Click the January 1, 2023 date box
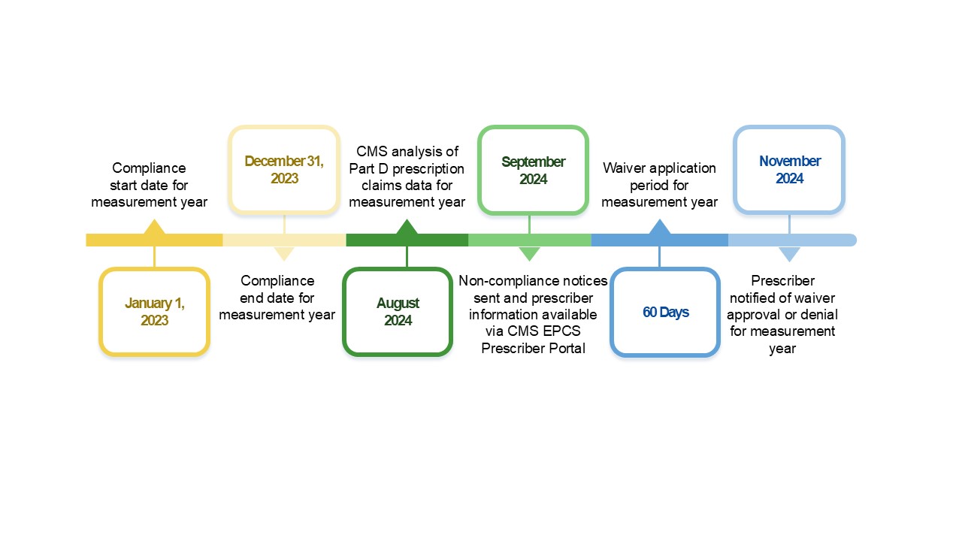pos(154,311)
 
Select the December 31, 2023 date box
pos(284,170)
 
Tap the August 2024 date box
pos(398,311)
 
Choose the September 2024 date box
pos(533,170)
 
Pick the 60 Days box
pos(665,312)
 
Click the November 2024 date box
pos(789,170)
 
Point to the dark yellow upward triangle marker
pos(154,227)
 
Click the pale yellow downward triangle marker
pos(284,253)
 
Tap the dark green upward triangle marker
pos(407,227)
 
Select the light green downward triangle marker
pos(530,253)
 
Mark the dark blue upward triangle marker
pos(660,227)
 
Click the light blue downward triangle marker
pos(789,253)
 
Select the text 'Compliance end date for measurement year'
pos(277,298)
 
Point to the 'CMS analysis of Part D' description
pos(407,177)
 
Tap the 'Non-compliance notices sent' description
pos(533,314)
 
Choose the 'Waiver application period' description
pos(659,185)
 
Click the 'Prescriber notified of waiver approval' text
pos(782,314)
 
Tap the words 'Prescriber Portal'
pos(533,348)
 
